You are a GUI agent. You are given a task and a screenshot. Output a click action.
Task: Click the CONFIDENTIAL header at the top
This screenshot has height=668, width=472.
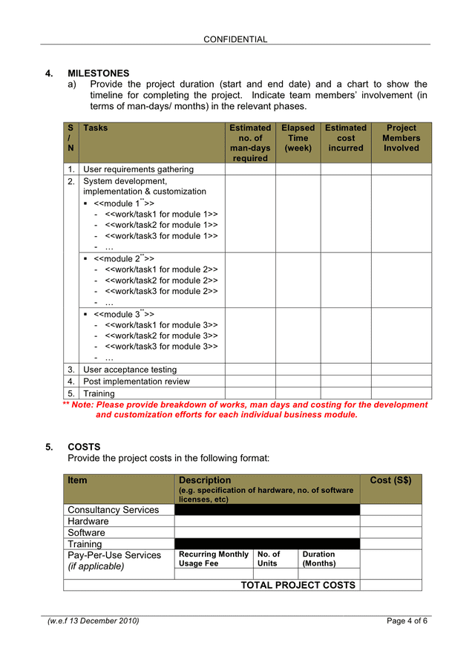coord(235,39)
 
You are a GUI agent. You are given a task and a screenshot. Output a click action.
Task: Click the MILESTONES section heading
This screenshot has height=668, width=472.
coord(98,73)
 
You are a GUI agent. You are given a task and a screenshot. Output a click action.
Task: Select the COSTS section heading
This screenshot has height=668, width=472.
coord(83,447)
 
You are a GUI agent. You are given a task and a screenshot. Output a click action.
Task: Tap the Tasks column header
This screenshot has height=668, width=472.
coord(95,128)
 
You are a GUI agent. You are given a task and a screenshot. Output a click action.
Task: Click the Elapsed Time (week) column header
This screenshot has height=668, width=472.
coord(298,138)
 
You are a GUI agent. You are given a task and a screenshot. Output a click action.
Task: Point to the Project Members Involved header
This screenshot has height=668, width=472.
coord(401,138)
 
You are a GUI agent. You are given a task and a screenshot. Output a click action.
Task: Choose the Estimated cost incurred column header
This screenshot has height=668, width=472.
coord(345,138)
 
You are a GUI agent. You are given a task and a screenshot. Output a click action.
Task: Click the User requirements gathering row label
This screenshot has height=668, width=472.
coord(138,169)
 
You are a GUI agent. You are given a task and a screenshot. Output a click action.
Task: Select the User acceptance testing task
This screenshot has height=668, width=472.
coord(130,370)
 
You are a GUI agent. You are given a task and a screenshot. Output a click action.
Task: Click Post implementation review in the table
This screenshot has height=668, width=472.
coord(136,382)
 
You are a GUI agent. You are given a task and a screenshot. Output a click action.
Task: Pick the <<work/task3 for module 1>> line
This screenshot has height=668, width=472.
coord(161,236)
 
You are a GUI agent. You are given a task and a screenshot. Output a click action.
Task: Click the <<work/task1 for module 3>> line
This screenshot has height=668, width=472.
coord(161,325)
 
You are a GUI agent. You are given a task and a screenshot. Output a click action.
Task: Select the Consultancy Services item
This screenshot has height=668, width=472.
coord(113,510)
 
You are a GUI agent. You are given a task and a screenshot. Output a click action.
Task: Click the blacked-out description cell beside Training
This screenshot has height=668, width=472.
coord(266,544)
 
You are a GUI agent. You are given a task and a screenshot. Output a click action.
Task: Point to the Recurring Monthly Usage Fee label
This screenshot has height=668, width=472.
coord(214,559)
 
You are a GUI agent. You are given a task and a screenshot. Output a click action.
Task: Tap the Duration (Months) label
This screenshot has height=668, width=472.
coord(318,559)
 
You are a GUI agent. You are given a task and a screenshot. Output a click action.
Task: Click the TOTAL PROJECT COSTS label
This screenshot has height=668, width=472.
coord(298,585)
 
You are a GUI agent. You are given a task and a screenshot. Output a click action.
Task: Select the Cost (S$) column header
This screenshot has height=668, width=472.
coord(390,480)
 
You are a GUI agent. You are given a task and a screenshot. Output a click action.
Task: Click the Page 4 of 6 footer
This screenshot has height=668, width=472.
coord(407,620)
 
